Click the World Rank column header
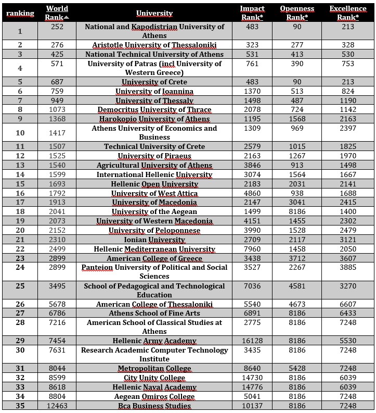(57, 13)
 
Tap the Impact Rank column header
(252, 13)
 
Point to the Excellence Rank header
(348, 13)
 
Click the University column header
(154, 14)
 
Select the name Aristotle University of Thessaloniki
(154, 45)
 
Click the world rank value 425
(57, 54)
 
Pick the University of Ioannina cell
(154, 92)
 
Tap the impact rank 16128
(252, 341)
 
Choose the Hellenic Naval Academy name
(154, 387)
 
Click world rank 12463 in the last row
(57, 406)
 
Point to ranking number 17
(20, 202)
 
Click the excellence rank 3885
(348, 268)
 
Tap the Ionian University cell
(154, 240)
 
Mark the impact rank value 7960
(252, 249)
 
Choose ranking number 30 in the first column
(20, 350)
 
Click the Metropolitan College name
(154, 368)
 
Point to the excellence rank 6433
(348, 313)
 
